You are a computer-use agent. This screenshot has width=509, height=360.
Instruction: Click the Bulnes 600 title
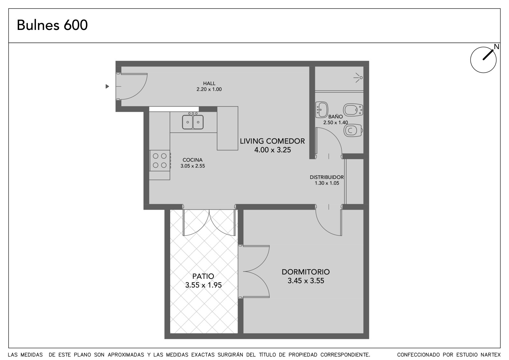52,25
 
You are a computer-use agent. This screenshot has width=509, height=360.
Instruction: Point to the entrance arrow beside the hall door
107,86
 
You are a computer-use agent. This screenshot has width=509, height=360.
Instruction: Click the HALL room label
209,83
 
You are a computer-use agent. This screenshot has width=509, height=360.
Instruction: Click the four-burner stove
160,160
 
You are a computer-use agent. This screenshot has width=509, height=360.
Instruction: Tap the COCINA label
192,160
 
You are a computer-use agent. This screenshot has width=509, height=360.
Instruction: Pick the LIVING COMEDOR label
272,141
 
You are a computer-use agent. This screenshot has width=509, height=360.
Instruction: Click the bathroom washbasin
322,110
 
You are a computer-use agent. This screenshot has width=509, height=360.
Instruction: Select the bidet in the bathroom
353,110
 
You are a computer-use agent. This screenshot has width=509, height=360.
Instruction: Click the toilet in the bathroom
353,131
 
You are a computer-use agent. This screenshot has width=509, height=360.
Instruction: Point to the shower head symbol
358,78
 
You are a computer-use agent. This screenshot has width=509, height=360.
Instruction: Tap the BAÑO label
335,117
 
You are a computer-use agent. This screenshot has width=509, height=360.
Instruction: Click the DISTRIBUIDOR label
326,177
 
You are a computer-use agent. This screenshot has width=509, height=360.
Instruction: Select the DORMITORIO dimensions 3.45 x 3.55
306,281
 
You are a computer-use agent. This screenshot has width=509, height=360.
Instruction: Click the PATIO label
203,276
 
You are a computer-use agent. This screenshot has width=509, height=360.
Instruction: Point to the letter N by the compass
497,46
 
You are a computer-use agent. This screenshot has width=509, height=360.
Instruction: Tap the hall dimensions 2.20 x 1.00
209,89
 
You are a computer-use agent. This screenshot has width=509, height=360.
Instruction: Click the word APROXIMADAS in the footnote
126,355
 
